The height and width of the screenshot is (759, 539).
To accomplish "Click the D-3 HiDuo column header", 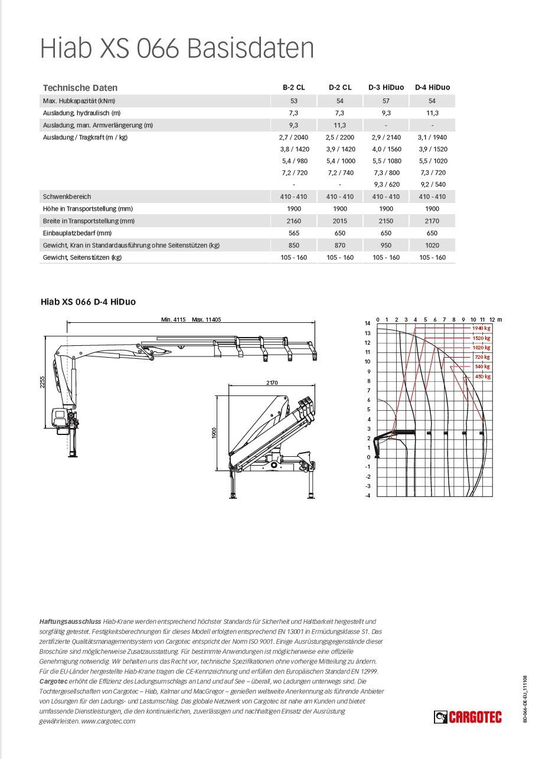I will [386, 87].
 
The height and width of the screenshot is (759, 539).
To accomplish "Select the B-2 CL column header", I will [293, 87].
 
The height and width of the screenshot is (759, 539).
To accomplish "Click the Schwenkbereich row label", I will [67, 197].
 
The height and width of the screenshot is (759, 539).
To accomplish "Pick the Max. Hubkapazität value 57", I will [386, 101].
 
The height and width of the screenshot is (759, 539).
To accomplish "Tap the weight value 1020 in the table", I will [432, 245].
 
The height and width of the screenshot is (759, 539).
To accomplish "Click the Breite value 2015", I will [340, 221].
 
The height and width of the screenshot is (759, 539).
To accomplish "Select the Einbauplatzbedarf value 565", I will [293, 233].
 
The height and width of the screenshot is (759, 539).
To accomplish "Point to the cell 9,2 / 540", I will [432, 184].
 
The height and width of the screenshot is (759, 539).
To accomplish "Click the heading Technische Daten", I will [80, 87].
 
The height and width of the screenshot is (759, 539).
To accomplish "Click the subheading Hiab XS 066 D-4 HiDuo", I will [88, 302].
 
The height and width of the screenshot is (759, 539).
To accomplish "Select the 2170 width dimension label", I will [272, 383].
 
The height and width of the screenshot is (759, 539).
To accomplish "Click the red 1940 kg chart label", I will [481, 328].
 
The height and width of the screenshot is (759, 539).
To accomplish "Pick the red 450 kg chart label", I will [482, 377].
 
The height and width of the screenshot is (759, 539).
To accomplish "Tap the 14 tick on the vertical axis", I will [367, 323].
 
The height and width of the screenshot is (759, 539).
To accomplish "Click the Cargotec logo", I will [468, 717].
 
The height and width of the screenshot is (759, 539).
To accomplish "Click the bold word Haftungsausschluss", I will [70, 621].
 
